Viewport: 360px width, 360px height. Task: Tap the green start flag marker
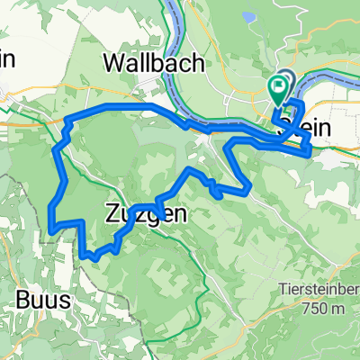[278, 89]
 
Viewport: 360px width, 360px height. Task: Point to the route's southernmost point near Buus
[94, 258]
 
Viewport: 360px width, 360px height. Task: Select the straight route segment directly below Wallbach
[126, 106]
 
